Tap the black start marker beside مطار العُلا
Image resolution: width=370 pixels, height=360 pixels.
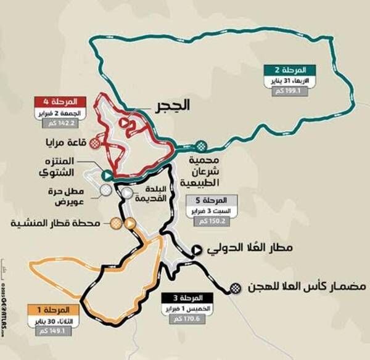(x=197, y=250)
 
